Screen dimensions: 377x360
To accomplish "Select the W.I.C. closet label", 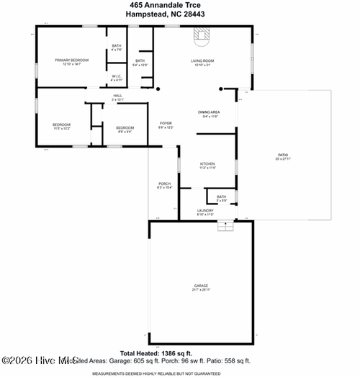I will [x=116, y=76].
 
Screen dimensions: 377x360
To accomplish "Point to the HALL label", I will [x=117, y=96].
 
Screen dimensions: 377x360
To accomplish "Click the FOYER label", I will [x=165, y=124].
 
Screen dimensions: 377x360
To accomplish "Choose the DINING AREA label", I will [x=209, y=113].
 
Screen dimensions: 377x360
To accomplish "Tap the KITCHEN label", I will [x=207, y=165].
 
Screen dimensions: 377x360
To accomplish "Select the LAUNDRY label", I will [x=205, y=212].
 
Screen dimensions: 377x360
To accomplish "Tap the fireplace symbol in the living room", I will [x=202, y=35].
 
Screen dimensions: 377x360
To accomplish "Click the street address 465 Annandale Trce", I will [x=179, y=5].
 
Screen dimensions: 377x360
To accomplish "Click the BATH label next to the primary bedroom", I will [x=117, y=47].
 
